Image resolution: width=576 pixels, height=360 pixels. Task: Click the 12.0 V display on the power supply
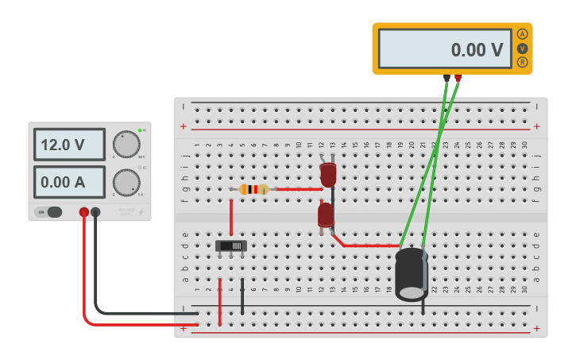pyautogui.click(x=69, y=145)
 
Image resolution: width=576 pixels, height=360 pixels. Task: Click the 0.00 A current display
pyautogui.click(x=69, y=182)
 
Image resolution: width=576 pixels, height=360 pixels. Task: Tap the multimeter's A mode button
pyautogui.click(x=522, y=34)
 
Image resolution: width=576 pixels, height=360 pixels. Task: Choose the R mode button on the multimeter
pyautogui.click(x=522, y=62)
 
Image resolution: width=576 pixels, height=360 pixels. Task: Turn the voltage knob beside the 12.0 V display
pyautogui.click(x=126, y=144)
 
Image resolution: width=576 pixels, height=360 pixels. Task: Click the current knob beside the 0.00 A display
pyautogui.click(x=126, y=182)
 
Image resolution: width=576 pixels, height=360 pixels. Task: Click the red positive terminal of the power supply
pyautogui.click(x=83, y=212)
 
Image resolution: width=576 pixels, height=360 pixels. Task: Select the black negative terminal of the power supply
pyautogui.click(x=95, y=212)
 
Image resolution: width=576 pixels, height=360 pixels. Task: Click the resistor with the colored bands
pyautogui.click(x=253, y=189)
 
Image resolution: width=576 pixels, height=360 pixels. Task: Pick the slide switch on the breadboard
pyautogui.click(x=231, y=246)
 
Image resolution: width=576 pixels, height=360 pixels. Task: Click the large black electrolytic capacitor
pyautogui.click(x=412, y=274)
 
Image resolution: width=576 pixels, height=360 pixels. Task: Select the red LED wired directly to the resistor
pyautogui.click(x=328, y=175)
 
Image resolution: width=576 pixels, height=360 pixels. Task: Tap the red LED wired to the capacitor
pyautogui.click(x=326, y=215)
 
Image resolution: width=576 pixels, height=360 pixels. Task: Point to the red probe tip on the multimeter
pyautogui.click(x=458, y=78)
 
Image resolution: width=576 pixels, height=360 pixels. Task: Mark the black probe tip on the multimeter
pyautogui.click(x=447, y=78)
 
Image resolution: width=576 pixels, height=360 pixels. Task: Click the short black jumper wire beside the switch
pyautogui.click(x=242, y=296)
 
